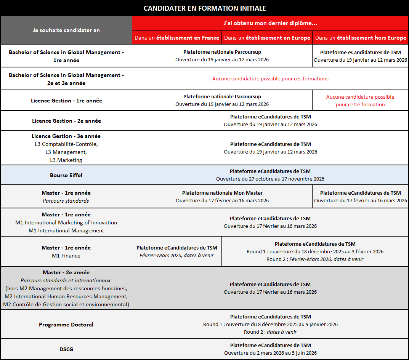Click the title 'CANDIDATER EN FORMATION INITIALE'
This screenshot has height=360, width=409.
pos(205,8)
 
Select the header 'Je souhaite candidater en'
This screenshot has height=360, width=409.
pos(66,30)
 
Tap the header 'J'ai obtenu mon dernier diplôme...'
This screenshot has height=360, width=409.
pos(270,23)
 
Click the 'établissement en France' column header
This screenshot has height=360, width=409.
pos(177,38)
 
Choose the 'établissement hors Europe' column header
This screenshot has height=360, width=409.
pos(361,38)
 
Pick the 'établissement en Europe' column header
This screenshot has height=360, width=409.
pos(267,38)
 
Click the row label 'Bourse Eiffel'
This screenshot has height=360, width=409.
pos(66,175)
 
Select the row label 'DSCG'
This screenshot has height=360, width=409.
pos(66,349)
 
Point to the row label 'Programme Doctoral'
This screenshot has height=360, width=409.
pos(66,325)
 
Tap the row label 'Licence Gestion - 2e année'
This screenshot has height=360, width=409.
pos(66,121)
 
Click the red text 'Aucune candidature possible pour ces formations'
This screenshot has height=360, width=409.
pos(270,79)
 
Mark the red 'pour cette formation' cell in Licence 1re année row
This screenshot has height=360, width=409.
pos(360,105)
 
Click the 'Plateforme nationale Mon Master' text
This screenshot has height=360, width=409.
pos(222,193)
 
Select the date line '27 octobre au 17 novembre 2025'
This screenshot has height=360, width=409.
pos(270,179)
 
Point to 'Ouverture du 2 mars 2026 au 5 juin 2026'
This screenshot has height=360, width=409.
pos(270,353)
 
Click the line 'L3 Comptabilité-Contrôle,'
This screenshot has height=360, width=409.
pos(66,144)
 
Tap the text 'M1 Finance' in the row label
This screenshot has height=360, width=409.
pos(66,256)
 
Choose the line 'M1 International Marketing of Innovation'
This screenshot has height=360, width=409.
pos(66,222)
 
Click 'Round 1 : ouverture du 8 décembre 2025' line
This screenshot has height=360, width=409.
pos(270,325)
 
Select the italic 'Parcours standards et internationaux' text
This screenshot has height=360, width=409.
pos(66,280)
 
